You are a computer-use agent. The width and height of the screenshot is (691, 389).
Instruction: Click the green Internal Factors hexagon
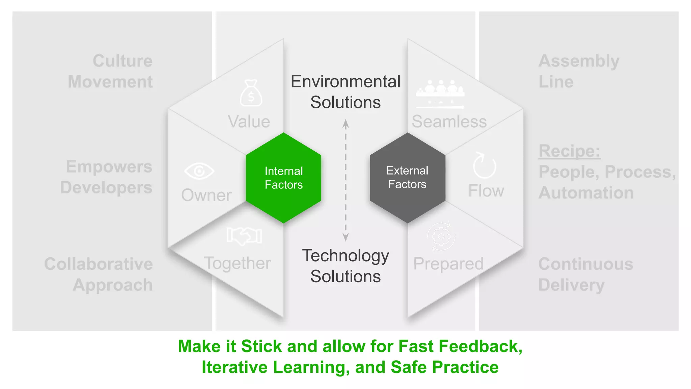click(x=283, y=178)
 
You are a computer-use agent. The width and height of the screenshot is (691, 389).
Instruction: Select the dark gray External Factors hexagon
click(x=407, y=178)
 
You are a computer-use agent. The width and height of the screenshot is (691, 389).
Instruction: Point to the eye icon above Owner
click(x=199, y=171)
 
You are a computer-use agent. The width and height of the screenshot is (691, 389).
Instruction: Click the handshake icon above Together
click(x=244, y=235)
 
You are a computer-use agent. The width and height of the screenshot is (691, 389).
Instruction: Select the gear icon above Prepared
click(x=441, y=237)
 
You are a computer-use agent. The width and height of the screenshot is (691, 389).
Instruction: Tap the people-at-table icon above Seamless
click(x=440, y=94)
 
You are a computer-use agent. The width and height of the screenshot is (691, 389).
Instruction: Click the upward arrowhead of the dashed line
click(x=345, y=124)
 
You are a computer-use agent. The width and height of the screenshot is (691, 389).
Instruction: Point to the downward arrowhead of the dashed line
click(x=345, y=237)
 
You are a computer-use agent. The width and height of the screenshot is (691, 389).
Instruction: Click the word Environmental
click(x=345, y=82)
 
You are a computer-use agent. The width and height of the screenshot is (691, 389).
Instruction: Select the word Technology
click(x=345, y=256)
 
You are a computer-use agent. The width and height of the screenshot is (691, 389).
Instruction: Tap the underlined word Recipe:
click(x=569, y=151)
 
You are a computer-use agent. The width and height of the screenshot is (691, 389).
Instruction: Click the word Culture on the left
click(x=122, y=61)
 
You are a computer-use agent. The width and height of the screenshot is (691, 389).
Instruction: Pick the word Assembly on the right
click(x=579, y=61)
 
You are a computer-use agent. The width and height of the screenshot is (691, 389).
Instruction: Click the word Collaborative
click(x=98, y=264)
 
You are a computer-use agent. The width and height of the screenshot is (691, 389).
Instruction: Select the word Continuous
click(x=585, y=264)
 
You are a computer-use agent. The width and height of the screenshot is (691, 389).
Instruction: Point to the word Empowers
click(x=109, y=167)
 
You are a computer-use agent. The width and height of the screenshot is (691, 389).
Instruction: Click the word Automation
click(x=586, y=193)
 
